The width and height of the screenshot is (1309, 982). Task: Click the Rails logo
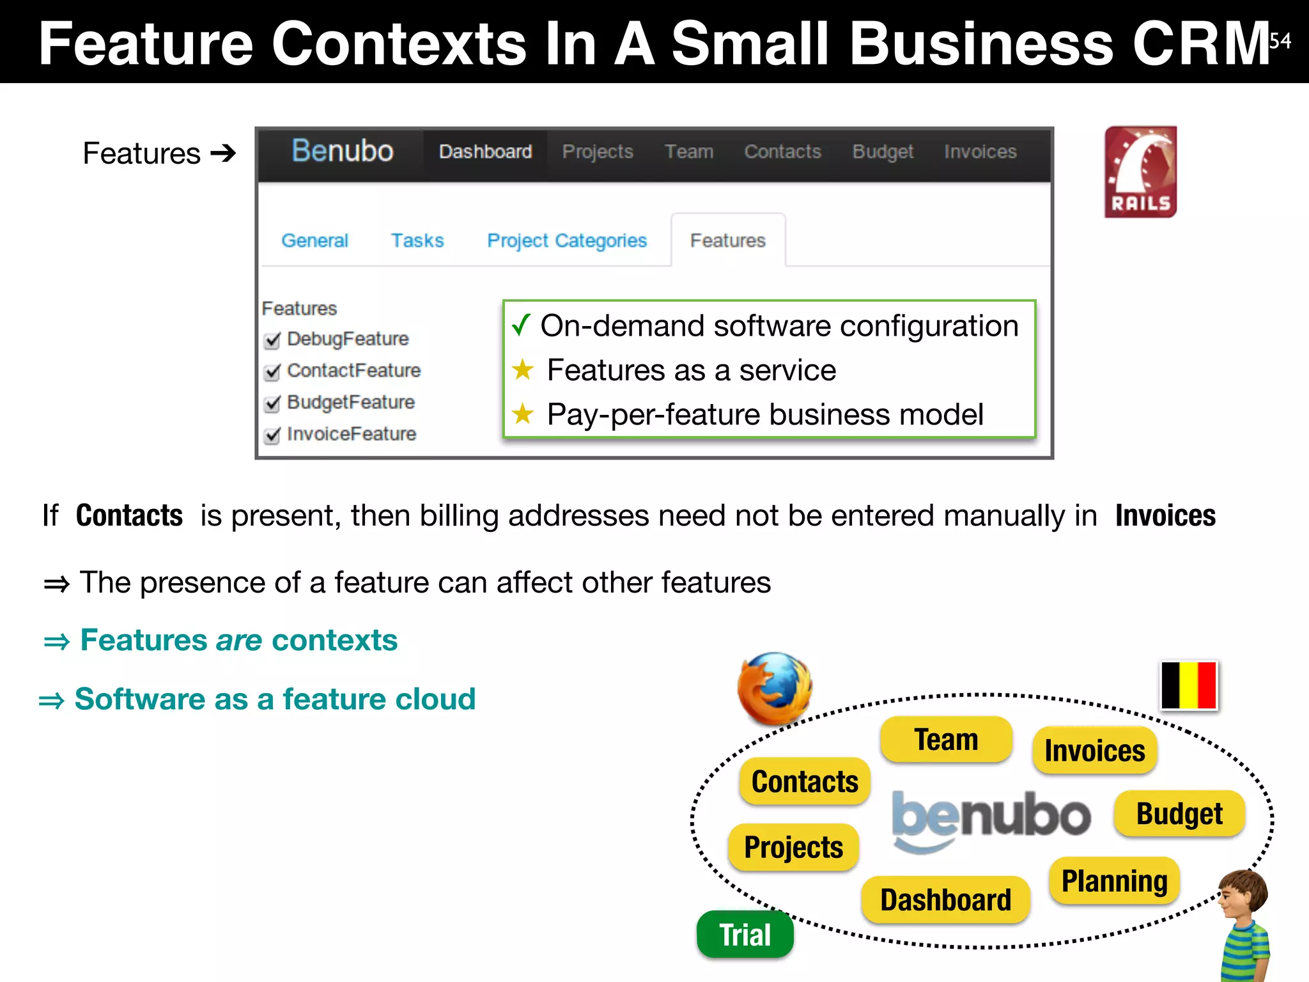1140,171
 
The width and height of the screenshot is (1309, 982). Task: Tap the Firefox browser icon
775,689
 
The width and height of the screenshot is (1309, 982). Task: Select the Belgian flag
1189,685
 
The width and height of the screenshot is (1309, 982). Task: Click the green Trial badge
745,935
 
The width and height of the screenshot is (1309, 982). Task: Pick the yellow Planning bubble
1114,881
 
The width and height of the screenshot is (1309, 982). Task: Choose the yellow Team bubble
946,740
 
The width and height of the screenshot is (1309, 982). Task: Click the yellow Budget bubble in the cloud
1179,814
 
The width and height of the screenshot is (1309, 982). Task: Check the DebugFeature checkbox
272,340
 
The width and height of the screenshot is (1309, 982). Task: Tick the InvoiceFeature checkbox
272,435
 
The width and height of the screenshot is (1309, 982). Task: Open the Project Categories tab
567,240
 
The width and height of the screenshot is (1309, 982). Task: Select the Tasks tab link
417,240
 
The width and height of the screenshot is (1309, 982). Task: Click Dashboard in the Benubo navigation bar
485,152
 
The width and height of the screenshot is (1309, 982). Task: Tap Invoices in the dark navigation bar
980,152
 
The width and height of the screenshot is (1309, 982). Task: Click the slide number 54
1280,41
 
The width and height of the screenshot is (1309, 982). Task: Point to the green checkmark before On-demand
521,325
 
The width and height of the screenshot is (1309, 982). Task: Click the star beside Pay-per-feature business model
523,414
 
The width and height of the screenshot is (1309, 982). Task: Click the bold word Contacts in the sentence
129,515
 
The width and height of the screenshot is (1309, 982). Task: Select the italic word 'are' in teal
239,640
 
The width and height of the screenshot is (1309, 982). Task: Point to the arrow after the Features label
223,153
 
